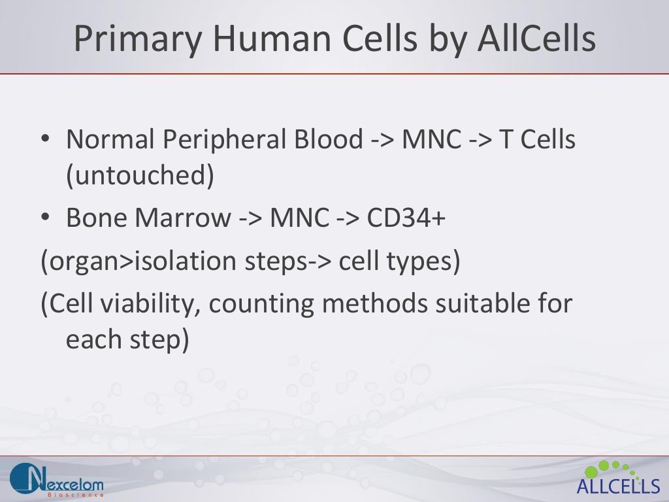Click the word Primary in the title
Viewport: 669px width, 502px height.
pos(137,39)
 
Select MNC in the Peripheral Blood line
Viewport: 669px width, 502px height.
pos(431,139)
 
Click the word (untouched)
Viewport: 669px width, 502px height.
pos(140,177)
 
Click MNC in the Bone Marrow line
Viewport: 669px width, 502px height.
pos(299,218)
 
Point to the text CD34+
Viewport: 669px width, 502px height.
pos(406,218)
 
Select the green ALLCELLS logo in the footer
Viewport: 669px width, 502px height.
pos(618,478)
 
